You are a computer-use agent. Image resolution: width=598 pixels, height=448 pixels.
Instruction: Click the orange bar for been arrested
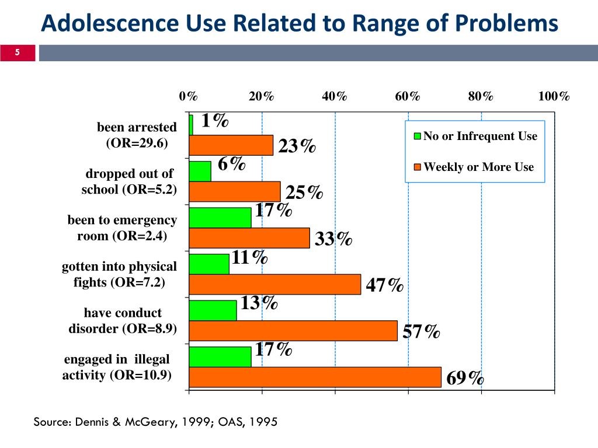231,145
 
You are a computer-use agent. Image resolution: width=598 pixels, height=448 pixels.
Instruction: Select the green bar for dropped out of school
200,171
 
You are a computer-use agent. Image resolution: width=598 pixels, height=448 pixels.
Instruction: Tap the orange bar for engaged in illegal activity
315,377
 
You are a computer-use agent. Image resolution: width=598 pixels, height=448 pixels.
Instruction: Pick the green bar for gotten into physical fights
209,264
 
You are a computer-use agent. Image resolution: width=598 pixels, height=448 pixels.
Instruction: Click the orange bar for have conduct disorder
293,331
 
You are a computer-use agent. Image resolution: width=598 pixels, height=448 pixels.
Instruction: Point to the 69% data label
465,378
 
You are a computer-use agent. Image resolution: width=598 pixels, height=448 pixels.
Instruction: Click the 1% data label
214,121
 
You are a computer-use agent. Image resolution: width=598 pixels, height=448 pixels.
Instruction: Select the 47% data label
384,285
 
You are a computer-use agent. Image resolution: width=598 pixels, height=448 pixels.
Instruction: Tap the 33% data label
333,239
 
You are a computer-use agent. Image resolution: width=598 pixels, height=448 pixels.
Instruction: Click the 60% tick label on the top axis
408,96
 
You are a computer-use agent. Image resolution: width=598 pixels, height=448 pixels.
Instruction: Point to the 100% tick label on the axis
554,96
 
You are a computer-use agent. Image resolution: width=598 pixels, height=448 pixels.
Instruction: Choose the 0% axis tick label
189,96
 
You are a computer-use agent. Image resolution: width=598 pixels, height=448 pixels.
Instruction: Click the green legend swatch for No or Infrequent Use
418,137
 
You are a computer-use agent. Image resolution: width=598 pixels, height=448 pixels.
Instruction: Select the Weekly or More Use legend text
478,167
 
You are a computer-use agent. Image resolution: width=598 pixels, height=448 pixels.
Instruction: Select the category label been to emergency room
122,228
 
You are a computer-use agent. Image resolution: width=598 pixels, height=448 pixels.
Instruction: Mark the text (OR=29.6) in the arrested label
137,142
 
